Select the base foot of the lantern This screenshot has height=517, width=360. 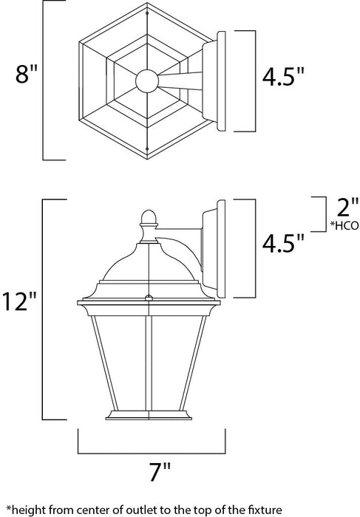150,415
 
